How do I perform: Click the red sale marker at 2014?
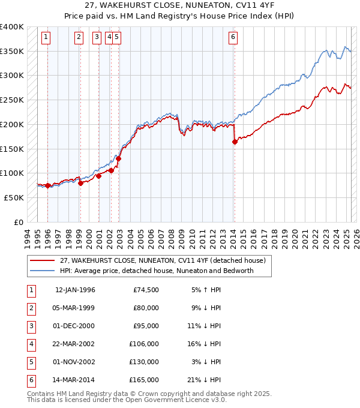coord(235,142)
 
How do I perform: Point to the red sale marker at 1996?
coord(47,186)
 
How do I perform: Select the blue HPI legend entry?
coord(157,271)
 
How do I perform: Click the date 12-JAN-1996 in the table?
coord(75,290)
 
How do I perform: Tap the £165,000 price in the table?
coord(144,380)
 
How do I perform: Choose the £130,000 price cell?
coord(144,362)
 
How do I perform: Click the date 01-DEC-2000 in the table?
coord(75,326)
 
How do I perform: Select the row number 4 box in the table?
coord(31,344)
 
